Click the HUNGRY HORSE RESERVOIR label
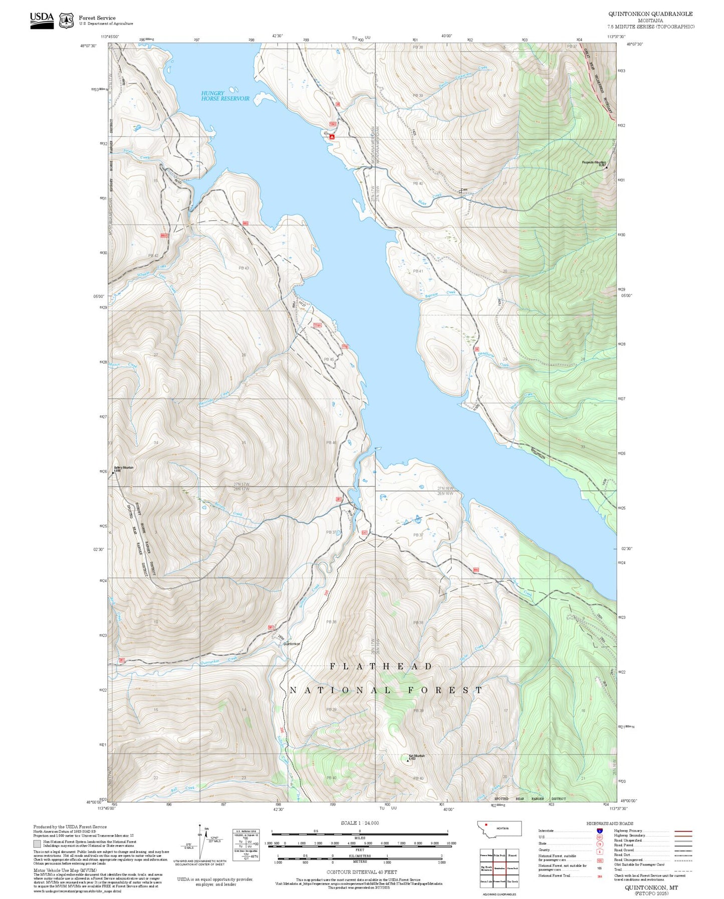tap(225, 96)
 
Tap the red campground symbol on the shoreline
tap(332, 136)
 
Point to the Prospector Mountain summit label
tap(594, 163)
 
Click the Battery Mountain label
tap(123, 468)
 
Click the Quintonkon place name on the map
tap(292, 644)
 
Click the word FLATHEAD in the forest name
tap(381, 666)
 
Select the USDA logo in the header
tap(42, 20)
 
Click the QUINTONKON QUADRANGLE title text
tap(650, 14)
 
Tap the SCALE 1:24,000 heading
tap(360, 823)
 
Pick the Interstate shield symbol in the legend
tap(599, 831)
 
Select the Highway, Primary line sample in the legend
tap(683, 831)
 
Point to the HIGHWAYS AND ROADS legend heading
tap(609, 823)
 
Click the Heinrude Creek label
tap(214, 399)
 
